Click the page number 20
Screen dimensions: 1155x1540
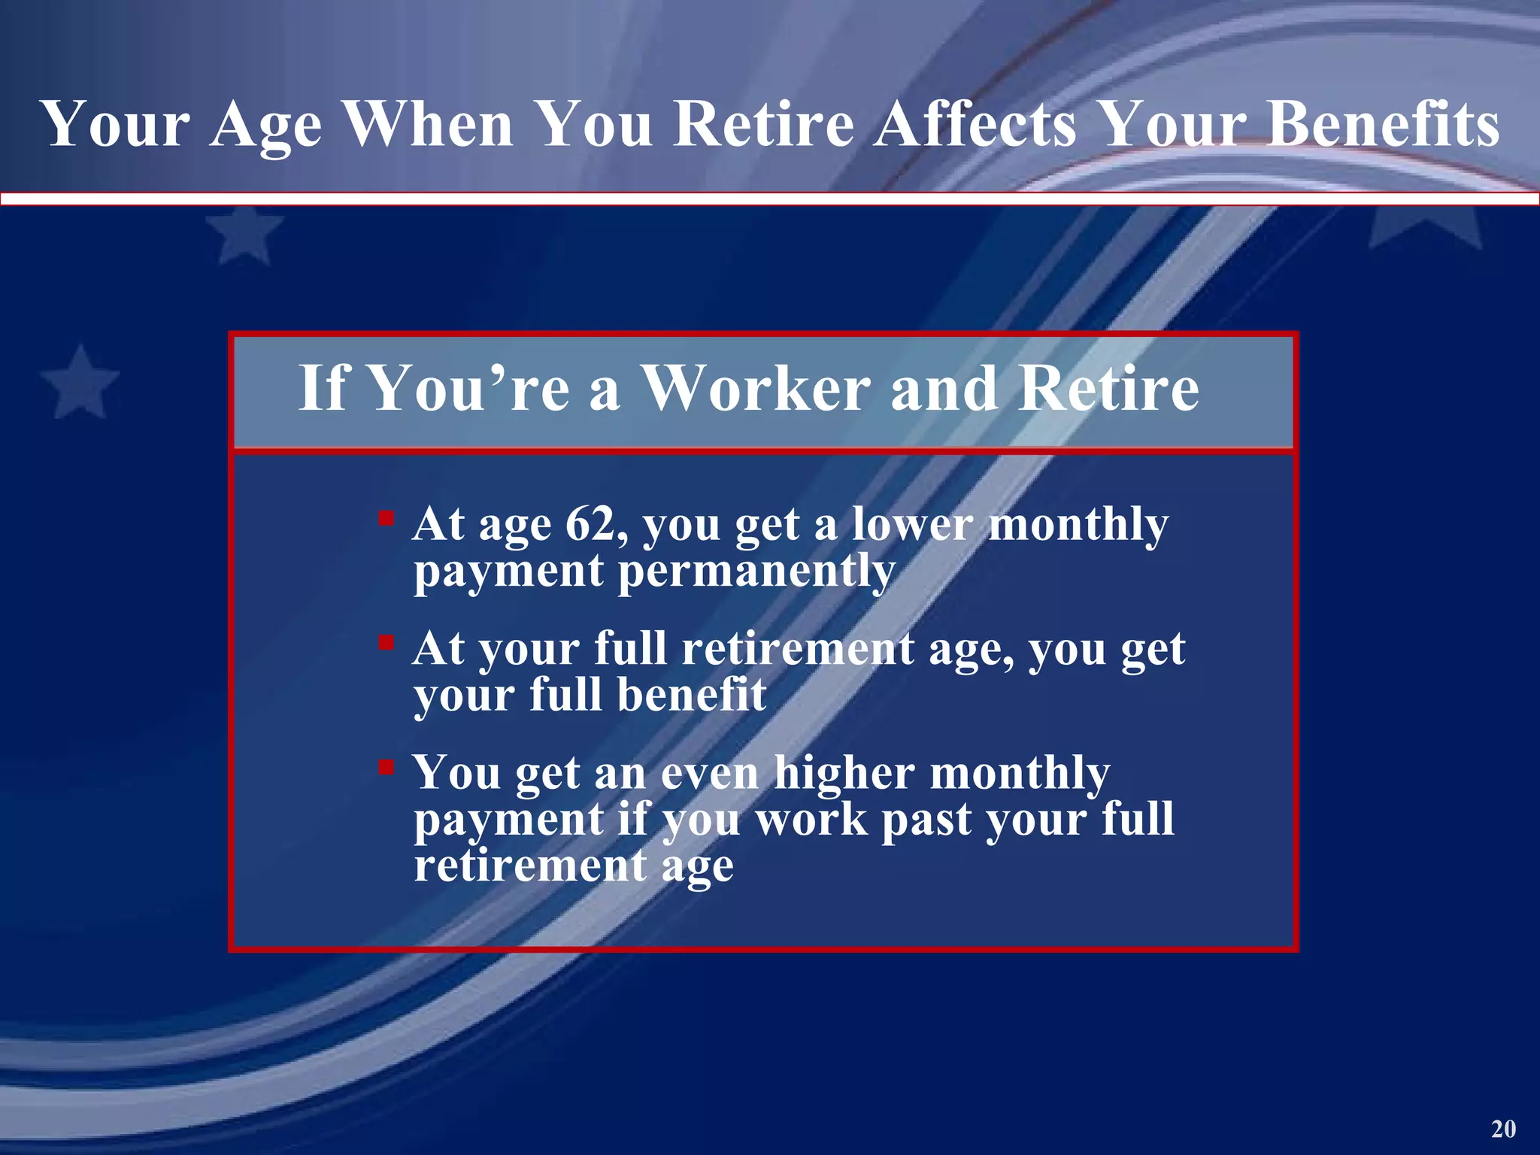pos(1504,1129)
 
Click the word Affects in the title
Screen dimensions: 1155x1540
pos(975,124)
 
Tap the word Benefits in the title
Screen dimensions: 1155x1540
pos(1383,124)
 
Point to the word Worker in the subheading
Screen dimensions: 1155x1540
pos(755,389)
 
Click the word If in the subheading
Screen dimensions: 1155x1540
pos(323,389)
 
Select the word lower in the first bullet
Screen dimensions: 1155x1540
pos(912,524)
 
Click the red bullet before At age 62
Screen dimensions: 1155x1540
pos(386,518)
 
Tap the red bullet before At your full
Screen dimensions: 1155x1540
pos(386,642)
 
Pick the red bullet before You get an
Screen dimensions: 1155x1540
pos(386,767)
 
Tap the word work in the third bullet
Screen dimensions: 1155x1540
pos(811,820)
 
